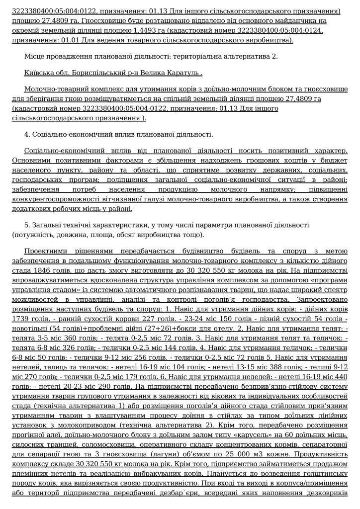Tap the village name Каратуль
(184, 73)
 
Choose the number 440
(338, 376)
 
